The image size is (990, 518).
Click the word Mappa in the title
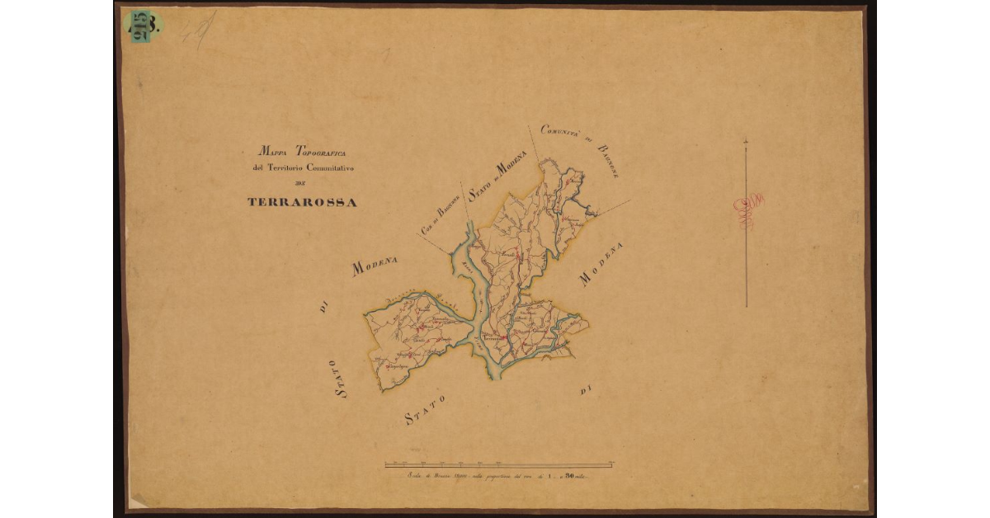pyautogui.click(x=269, y=152)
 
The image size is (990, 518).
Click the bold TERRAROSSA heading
pyautogui.click(x=302, y=202)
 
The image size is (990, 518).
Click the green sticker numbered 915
pyautogui.click(x=142, y=26)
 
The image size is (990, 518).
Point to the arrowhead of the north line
pyautogui.click(x=746, y=142)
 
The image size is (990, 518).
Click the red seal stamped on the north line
pyautogui.click(x=748, y=211)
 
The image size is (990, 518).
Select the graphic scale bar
pyautogui.click(x=498, y=464)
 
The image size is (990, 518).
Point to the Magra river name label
pyautogui.click(x=467, y=264)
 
